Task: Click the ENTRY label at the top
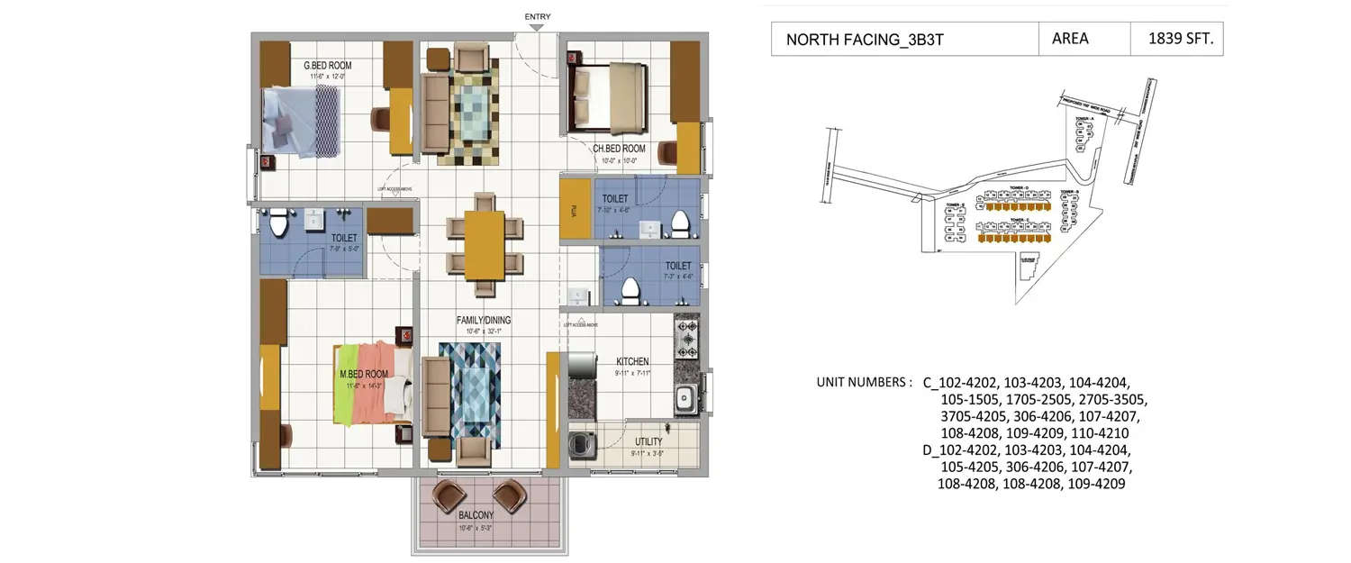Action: pos(537,16)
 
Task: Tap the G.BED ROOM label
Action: pos(327,66)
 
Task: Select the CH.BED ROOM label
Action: pos(619,149)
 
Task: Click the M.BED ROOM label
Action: pos(364,374)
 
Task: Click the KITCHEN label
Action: pos(632,361)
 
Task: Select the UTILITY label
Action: pos(648,441)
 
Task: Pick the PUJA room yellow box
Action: pos(575,209)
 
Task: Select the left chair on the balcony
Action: pos(448,495)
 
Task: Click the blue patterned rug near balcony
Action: pos(469,390)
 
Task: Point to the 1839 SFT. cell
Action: pos(1176,39)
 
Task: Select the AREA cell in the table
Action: pos(1070,39)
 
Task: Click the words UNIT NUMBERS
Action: pos(864,382)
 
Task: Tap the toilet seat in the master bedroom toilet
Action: pos(278,220)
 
